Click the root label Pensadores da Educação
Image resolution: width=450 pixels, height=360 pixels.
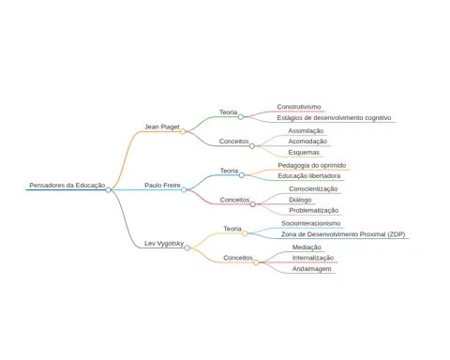[x=67, y=186]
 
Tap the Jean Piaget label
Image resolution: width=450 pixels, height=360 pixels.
[x=162, y=127]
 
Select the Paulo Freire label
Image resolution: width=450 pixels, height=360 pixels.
[x=162, y=186]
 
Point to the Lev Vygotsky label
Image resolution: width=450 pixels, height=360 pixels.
[x=164, y=244]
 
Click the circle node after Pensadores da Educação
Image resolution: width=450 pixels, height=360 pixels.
[x=108, y=189]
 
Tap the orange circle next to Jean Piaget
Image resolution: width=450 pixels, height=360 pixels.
[x=183, y=131]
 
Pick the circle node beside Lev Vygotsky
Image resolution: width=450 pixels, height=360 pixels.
[x=187, y=248]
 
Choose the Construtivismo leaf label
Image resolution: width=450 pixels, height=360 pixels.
[x=299, y=107]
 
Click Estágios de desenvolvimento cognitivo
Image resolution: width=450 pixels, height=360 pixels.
[x=334, y=118]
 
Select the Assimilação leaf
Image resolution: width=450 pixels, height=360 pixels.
[x=306, y=131]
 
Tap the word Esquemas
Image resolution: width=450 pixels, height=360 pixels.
[x=304, y=153]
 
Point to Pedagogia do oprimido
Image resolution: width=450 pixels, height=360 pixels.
[x=312, y=165]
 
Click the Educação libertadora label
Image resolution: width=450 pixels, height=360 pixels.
[x=309, y=176]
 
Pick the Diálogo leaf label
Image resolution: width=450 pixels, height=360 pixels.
[x=300, y=200]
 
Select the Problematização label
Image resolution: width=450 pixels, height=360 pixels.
[x=314, y=210]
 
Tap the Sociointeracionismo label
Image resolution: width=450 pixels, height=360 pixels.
[x=311, y=223]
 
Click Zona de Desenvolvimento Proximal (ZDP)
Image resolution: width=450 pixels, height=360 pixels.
[x=343, y=234]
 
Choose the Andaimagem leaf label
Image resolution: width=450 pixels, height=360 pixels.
[x=312, y=269]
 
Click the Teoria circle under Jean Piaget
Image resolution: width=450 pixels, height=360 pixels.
[x=241, y=117]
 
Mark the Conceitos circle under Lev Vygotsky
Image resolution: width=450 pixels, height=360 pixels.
[x=256, y=262]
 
